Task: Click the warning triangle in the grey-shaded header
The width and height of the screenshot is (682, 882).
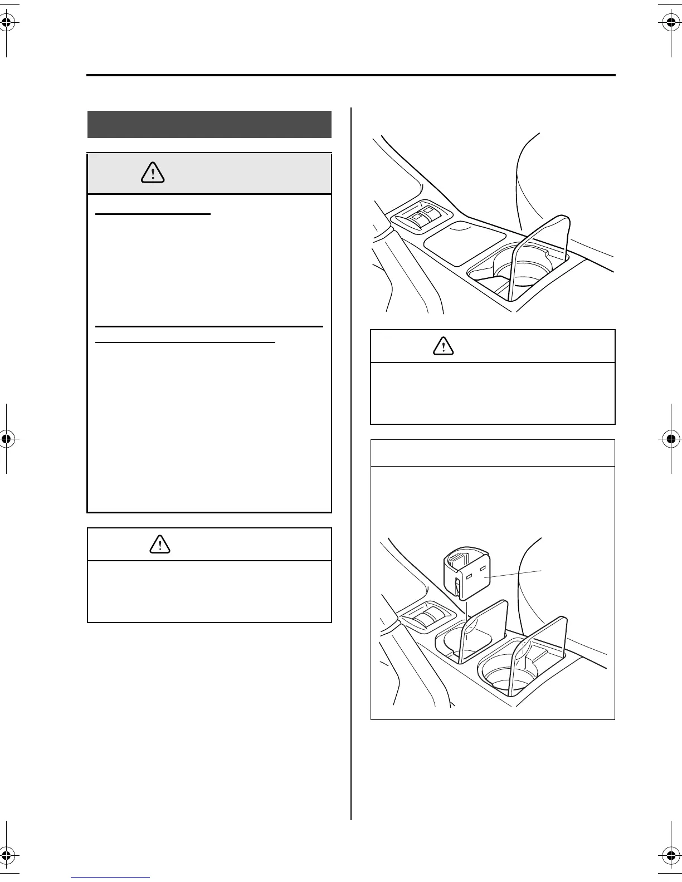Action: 153,173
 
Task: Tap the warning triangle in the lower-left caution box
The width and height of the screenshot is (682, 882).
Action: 160,544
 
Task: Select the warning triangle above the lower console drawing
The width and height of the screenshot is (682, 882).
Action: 443,346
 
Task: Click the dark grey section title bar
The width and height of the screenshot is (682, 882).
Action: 210,124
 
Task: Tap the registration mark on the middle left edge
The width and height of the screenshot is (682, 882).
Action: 7,439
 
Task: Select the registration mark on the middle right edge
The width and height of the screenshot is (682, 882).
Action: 674,439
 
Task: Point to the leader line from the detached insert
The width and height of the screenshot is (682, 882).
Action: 515,575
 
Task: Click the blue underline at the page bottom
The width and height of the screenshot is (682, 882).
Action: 111,878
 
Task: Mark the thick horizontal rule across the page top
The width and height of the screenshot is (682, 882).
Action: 351,75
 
